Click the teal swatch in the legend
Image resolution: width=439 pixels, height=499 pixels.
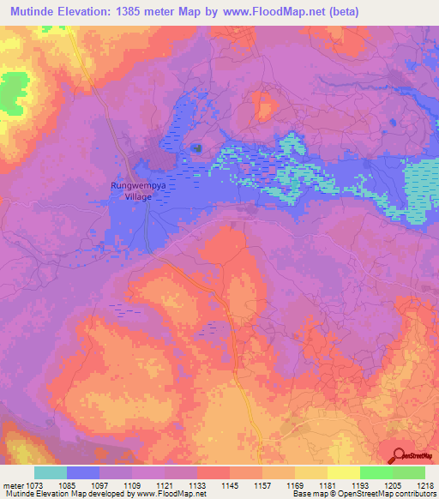50,472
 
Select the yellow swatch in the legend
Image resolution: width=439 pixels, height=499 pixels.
343,472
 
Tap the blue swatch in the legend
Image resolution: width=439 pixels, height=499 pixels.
82,472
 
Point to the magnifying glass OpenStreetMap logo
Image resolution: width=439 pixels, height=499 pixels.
400,454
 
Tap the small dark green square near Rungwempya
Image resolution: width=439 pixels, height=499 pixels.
197,148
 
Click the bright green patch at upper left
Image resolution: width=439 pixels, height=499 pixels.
13,93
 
